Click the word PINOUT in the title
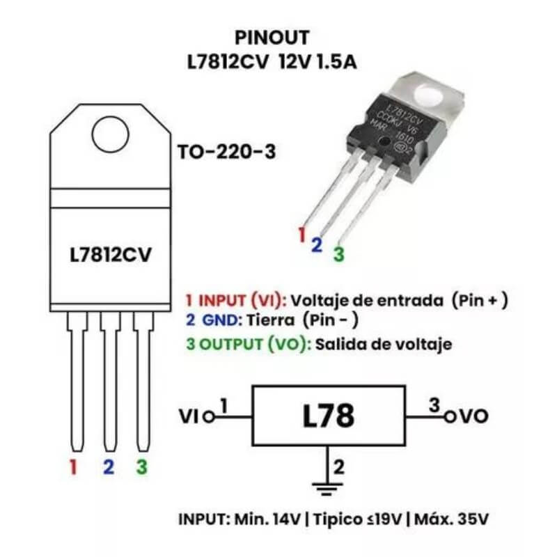click(272, 37)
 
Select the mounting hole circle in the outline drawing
click(111, 132)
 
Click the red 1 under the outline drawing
click(73, 467)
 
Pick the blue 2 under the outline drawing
click(108, 467)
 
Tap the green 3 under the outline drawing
click(142, 467)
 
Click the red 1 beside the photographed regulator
click(301, 235)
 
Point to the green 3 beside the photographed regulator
click(338, 254)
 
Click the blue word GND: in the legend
click(221, 322)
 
